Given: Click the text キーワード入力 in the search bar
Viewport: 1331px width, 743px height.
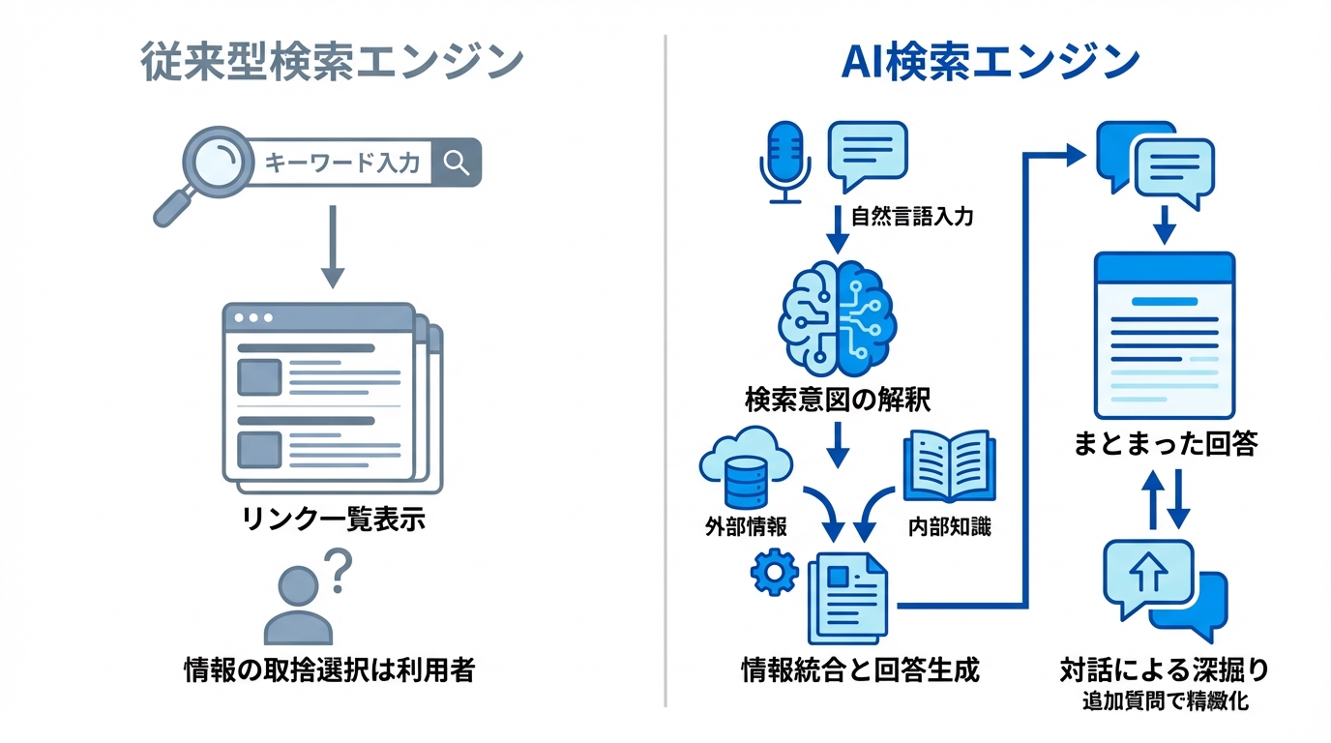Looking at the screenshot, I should [x=342, y=163].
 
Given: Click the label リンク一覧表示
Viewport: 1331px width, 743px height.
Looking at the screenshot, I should [x=332, y=520].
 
